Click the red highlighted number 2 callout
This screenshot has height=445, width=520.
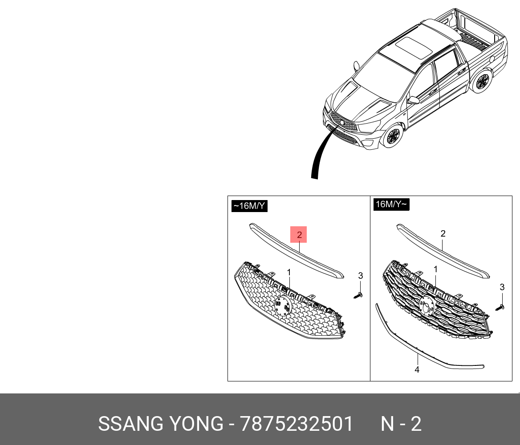click(x=299, y=234)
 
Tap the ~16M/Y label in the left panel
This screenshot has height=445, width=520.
click(x=250, y=206)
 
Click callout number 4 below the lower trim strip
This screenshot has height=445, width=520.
click(x=417, y=369)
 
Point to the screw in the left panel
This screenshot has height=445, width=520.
click(x=359, y=294)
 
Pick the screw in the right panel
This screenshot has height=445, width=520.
click(x=500, y=307)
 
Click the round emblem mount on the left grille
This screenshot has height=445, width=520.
click(x=281, y=305)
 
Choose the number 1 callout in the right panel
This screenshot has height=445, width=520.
click(x=435, y=269)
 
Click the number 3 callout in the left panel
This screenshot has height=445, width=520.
click(x=361, y=276)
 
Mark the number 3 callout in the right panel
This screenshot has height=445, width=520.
click(x=502, y=287)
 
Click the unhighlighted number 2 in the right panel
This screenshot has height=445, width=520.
click(x=443, y=234)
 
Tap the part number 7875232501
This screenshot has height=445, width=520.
click(x=297, y=424)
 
